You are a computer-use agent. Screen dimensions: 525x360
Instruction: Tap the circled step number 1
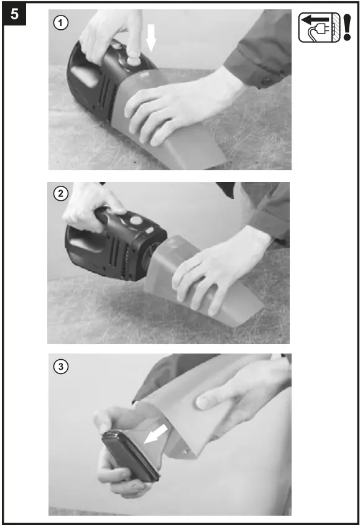pos(60,24)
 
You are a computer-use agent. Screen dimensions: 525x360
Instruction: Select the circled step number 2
pos(60,193)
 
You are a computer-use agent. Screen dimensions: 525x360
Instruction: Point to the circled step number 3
pos(60,367)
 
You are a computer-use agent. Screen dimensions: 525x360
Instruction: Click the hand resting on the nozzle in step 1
pos(174,106)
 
